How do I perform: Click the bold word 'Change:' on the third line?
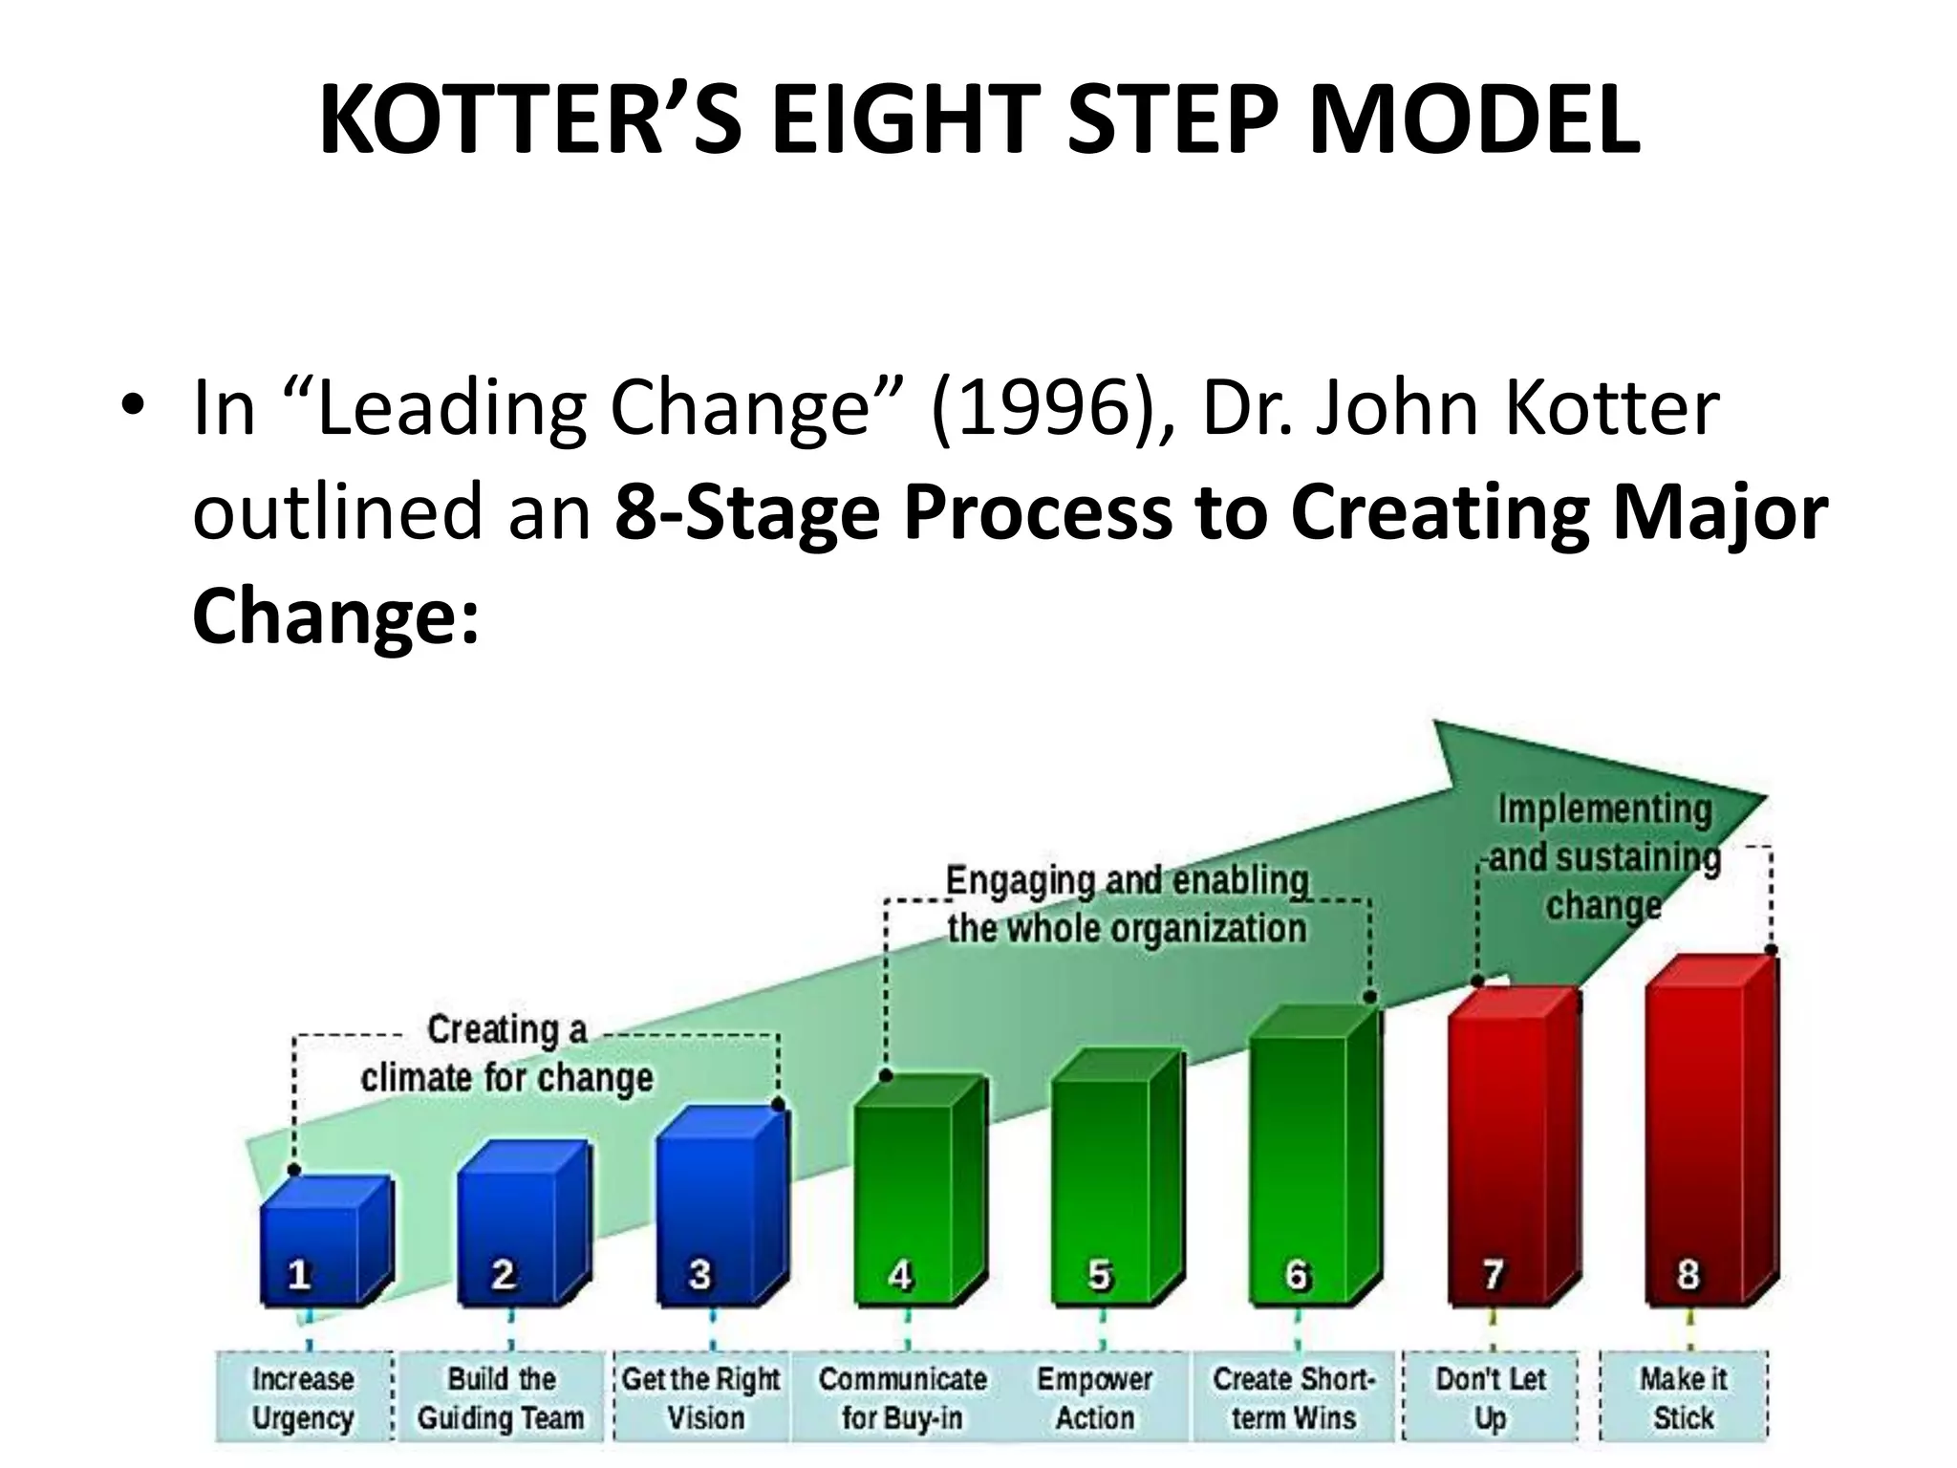coord(334,615)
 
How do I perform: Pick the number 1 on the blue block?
coord(299,1274)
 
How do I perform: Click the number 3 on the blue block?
coord(699,1274)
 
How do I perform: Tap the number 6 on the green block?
coord(1297,1275)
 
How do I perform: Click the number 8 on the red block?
coord(1688,1274)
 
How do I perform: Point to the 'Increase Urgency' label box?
coord(303,1398)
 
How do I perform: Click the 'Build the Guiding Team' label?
coord(501,1398)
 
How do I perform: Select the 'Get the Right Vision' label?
coord(702,1398)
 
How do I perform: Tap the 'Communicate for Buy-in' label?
coord(902,1398)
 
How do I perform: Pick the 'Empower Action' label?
coord(1095,1398)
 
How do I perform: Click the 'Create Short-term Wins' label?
coord(1294,1398)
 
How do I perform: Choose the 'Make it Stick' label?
coord(1684,1398)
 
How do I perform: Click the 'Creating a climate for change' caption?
coord(506,1054)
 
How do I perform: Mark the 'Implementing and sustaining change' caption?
coord(1604,857)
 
